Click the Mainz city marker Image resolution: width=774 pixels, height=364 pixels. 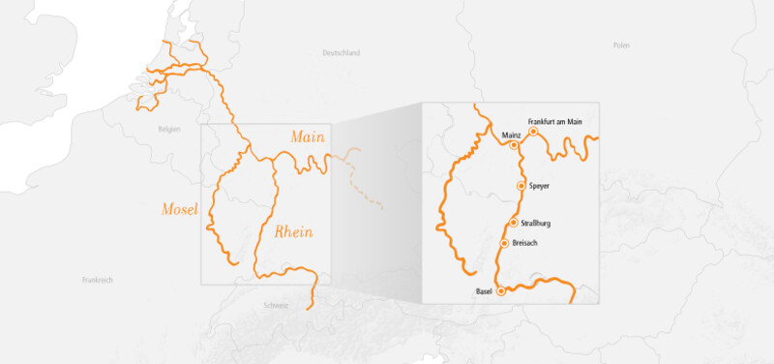514,145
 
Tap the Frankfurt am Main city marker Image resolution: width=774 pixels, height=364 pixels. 533,131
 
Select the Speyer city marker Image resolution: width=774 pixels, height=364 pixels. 521,185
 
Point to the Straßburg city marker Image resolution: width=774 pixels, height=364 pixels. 513,224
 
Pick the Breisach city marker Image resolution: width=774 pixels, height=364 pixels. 504,243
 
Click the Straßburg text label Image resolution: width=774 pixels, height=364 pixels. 535,224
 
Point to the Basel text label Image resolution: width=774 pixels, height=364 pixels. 485,290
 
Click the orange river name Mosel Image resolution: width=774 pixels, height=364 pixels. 180,209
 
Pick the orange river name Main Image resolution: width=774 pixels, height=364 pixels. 308,139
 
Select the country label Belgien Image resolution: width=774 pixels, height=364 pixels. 170,128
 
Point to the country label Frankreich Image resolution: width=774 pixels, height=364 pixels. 98,280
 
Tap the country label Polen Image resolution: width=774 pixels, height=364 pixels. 621,45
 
